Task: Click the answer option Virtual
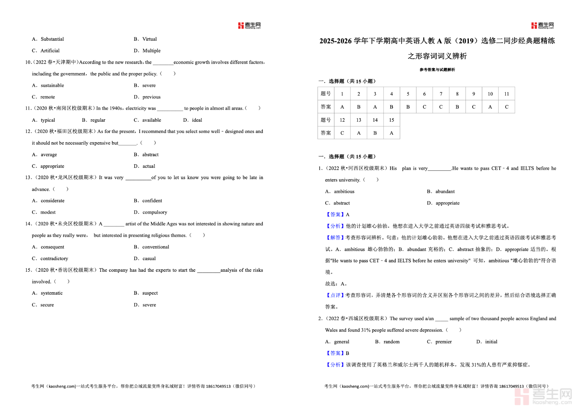pos(149,39)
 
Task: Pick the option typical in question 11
pos(48,120)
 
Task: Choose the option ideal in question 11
pos(197,120)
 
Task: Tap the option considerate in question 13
pos(53,201)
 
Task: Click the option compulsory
pos(155,212)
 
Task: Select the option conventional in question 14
pos(155,247)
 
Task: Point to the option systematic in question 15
pos(52,293)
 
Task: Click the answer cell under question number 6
pos(424,107)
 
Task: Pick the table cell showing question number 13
pos(358,120)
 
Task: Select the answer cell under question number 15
pos(391,133)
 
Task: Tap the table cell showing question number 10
pos(490,94)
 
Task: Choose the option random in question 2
pos(391,342)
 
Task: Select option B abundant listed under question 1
pos(445,191)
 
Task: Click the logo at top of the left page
pos(249,25)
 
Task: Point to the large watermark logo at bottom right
pos(543,396)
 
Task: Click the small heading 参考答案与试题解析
pos(437,70)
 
